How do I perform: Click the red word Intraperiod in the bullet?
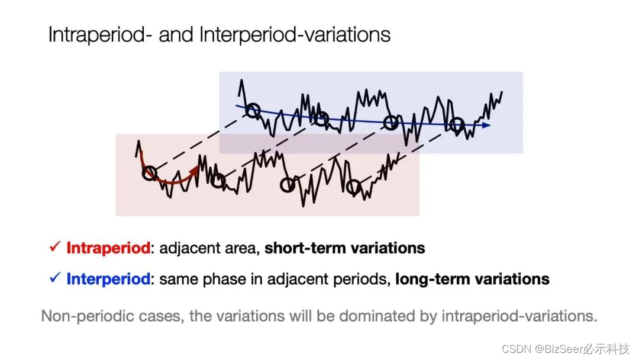coord(108,248)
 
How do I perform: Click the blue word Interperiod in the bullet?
coord(108,278)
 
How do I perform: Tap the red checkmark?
coord(55,247)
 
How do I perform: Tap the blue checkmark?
coord(55,278)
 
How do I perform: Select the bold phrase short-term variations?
coord(344,248)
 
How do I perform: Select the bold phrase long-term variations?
coord(472,278)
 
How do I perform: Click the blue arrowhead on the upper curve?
coord(487,125)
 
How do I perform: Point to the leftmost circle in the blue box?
coord(253,110)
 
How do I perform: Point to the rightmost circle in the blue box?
coord(456,125)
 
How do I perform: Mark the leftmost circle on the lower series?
coord(150,173)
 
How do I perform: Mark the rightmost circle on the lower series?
coord(353,188)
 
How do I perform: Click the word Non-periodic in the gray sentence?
coord(78,316)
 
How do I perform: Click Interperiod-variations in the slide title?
coord(295,35)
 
